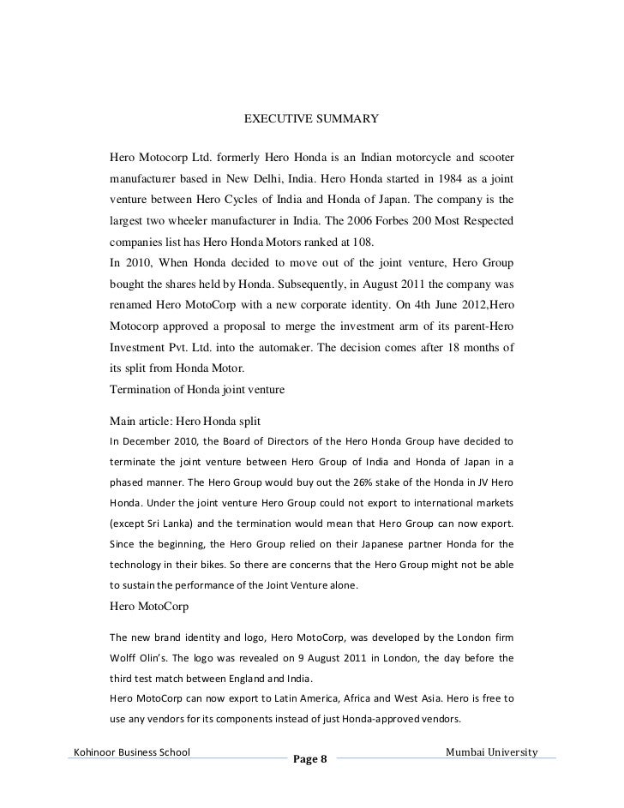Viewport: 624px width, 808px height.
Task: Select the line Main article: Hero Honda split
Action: click(x=185, y=421)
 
